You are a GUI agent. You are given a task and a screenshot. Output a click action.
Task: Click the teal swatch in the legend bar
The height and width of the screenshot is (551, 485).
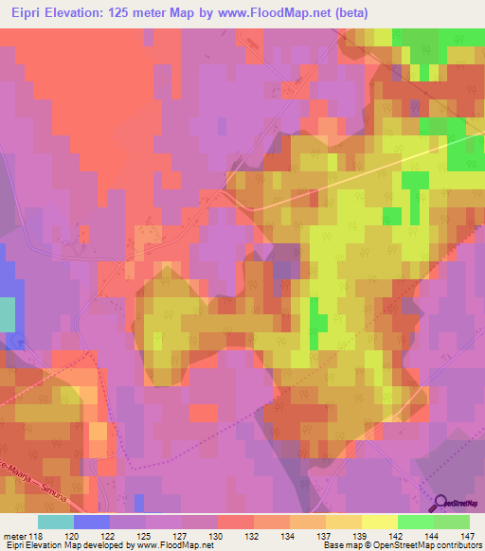pos(56,522)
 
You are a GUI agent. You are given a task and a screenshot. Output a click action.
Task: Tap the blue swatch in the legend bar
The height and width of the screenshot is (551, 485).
pos(92,522)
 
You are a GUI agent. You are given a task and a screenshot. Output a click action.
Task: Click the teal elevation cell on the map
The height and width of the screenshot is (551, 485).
pos(7,314)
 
